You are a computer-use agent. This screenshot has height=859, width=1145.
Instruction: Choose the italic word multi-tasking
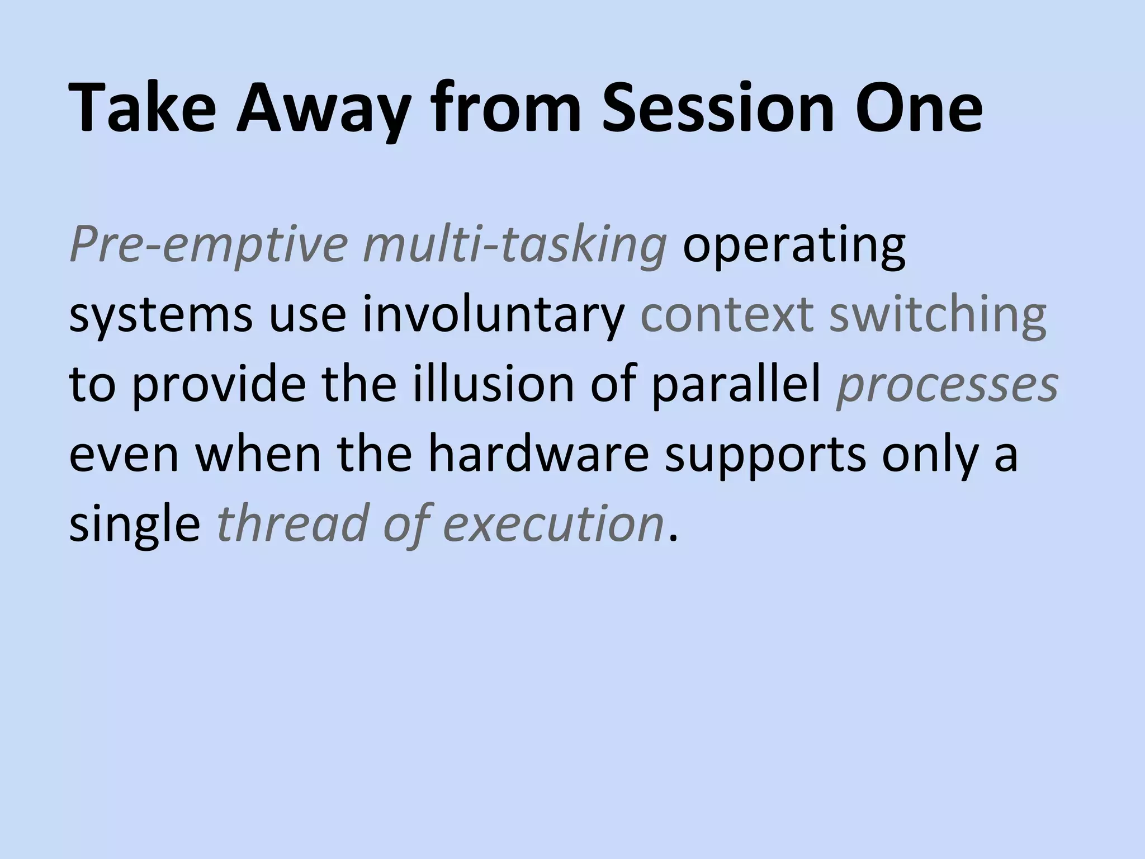[515, 246]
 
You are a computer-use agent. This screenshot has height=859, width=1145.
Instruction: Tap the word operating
[794, 246]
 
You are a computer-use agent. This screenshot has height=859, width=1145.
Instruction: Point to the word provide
[219, 386]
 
